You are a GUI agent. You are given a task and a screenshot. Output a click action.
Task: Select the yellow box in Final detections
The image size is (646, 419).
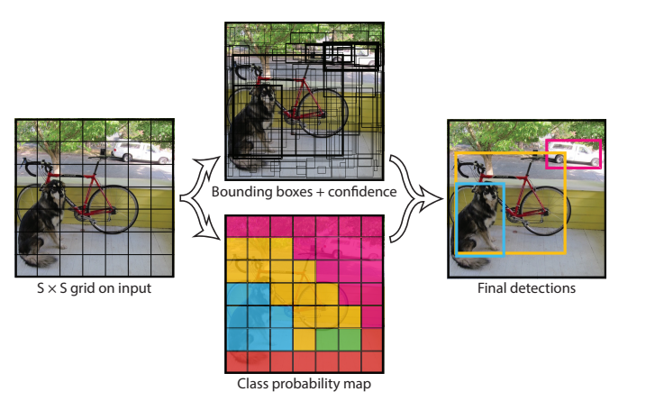tap(564, 207)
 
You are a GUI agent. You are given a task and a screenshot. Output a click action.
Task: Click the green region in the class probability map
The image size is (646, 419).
tap(338, 339)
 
